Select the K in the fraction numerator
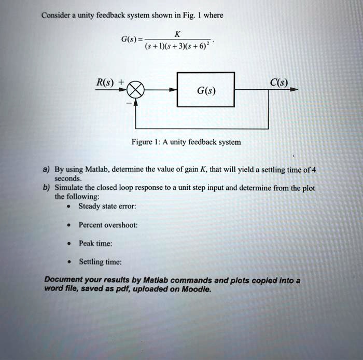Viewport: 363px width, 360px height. coord(177,34)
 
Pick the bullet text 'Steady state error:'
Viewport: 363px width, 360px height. coord(107,206)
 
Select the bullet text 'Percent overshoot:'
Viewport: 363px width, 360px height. coord(108,225)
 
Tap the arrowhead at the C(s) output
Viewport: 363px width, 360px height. coord(295,90)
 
